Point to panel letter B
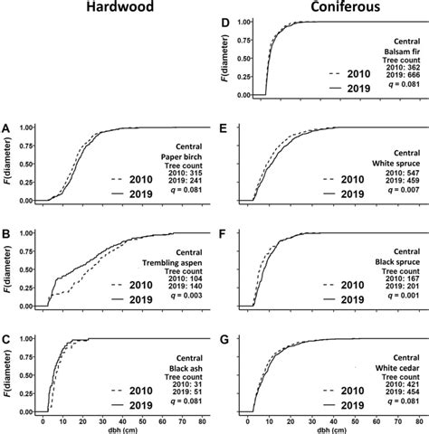8,233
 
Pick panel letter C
8,339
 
